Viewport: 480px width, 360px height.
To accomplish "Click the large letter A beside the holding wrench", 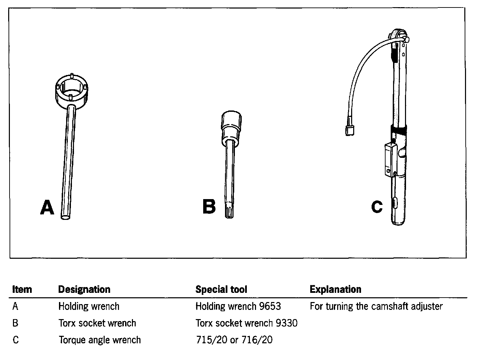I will (x=47, y=207).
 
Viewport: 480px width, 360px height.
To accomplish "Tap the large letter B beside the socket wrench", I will (x=209, y=207).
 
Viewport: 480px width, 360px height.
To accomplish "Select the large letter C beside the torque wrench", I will (x=377, y=207).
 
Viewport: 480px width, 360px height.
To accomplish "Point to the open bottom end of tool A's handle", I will (x=66, y=216).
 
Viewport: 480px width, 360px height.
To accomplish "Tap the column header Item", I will (x=22, y=289).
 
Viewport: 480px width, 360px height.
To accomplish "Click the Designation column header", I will (x=84, y=289).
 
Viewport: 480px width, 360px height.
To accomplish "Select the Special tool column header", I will (x=221, y=289).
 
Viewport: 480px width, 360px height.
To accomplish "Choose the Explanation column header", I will (x=335, y=289).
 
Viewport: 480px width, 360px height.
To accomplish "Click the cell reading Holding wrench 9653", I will (x=238, y=306).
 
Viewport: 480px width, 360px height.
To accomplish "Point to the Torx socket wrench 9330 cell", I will (x=246, y=323).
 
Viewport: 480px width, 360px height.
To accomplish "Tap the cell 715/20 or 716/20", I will (x=234, y=340).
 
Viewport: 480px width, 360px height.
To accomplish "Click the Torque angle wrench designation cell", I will (x=100, y=340).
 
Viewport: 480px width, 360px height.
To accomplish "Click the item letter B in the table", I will (x=15, y=323).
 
